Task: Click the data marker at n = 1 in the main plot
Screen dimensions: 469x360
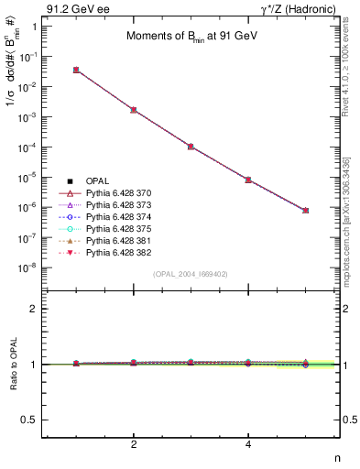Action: click(x=76, y=70)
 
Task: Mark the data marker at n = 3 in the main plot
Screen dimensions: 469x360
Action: click(x=191, y=147)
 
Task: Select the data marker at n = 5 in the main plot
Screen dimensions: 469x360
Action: click(x=305, y=211)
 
